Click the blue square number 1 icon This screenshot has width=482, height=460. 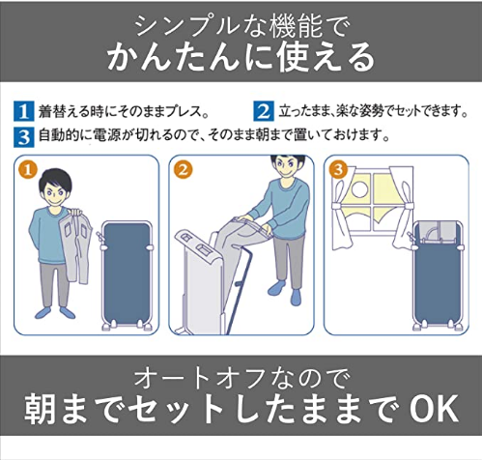coord(23,111)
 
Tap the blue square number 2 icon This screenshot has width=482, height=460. coord(264,111)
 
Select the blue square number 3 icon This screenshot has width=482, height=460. coord(23,137)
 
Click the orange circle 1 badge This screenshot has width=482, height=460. coord(28,170)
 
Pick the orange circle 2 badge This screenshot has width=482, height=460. coord(184,170)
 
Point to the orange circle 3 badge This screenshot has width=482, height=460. coord(338,169)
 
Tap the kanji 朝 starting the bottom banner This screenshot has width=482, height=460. coord(39,409)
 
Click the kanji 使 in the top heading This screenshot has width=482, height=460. coord(292,58)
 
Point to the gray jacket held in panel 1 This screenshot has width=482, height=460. coord(76,244)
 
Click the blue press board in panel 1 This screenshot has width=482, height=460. coord(127,273)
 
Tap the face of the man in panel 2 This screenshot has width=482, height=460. coord(288,166)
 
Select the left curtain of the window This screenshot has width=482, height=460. coord(342,210)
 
